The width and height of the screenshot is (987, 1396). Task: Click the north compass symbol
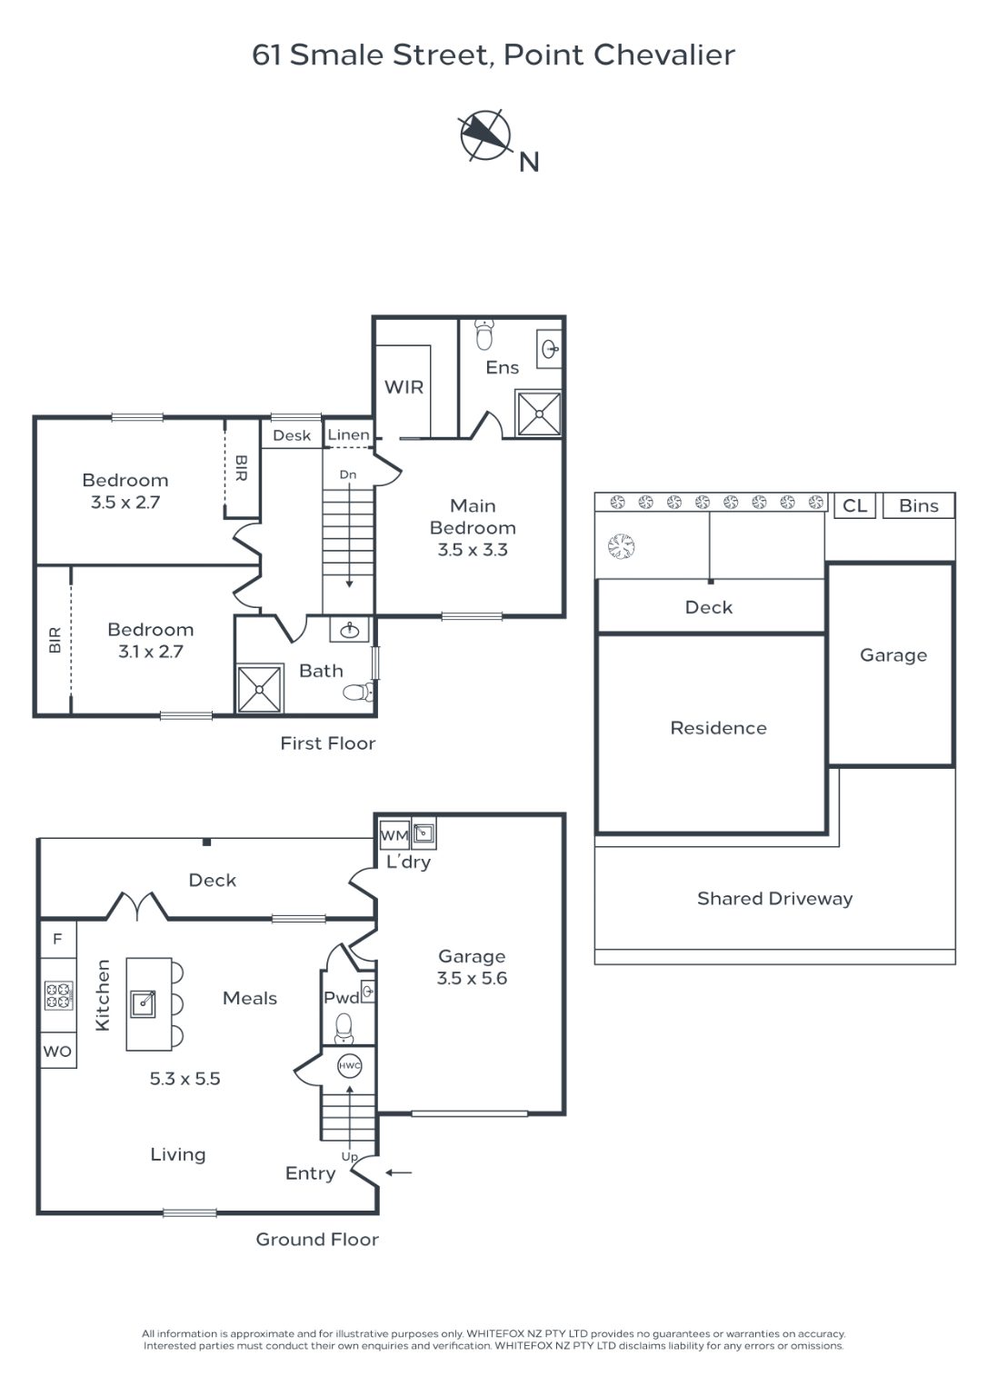484,135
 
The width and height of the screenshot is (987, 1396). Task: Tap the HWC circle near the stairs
349,1065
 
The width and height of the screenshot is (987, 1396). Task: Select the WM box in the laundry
394,834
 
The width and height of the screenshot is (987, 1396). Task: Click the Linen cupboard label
348,434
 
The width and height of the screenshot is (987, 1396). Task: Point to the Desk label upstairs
292,435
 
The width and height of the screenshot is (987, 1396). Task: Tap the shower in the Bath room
259,689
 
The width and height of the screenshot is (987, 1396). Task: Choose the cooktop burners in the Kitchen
58,994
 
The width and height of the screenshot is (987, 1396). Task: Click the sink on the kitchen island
143,1002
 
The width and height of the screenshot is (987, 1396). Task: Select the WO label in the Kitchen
57,1052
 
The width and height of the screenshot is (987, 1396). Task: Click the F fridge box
58,939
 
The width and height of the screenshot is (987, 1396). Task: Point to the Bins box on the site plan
919,505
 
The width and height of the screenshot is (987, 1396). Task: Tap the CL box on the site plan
855,505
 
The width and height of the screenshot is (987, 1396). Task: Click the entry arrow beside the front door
399,1172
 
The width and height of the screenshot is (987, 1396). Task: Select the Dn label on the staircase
348,474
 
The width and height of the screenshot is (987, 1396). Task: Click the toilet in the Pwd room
344,1028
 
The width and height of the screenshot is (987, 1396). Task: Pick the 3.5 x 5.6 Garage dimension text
472,978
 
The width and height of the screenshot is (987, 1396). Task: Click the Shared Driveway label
774,898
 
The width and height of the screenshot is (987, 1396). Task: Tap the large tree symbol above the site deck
622,546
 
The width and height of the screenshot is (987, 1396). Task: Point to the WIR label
404,387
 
